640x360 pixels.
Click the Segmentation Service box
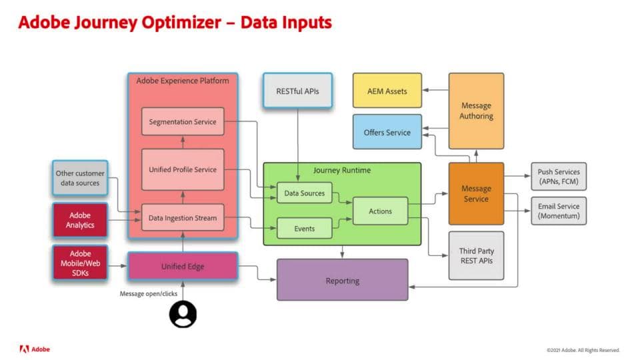[182, 122]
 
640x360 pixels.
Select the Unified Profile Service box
[182, 169]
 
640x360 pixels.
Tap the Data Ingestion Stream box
[182, 217]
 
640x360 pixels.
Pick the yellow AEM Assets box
[387, 91]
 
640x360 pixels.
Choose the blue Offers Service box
[387, 132]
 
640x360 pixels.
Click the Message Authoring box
[476, 111]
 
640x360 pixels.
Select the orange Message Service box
[476, 193]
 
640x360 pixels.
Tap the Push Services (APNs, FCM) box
[559, 177]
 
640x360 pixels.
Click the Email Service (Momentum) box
[559, 211]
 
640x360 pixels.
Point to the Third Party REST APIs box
[476, 256]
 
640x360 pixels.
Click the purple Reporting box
[342, 280]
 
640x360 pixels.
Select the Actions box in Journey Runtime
[380, 211]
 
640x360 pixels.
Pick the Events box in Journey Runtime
[305, 229]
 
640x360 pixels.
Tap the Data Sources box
[305, 193]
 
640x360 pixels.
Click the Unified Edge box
[182, 267]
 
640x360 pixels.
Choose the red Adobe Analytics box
[79, 220]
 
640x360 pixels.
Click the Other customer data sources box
[79, 178]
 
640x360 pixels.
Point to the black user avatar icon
[183, 314]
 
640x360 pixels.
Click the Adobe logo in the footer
[35, 349]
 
